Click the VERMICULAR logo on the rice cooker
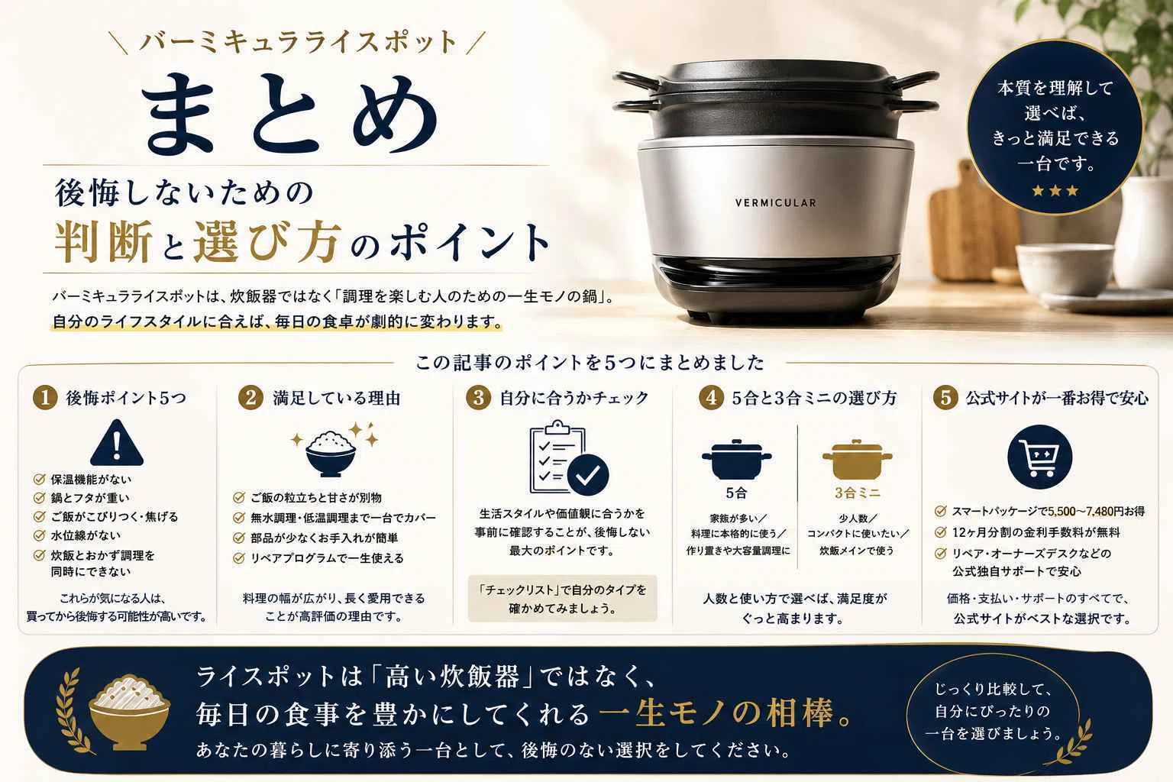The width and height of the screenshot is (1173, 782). [x=776, y=202]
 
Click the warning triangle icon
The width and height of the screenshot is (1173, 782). [x=116, y=443]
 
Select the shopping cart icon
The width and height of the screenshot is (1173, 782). [x=1039, y=457]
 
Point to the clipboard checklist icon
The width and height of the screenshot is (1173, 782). [x=569, y=457]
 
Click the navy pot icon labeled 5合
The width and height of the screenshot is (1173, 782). [x=736, y=460]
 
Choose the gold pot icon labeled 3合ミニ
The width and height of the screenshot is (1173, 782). [x=858, y=460]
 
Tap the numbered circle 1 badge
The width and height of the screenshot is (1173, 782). [x=45, y=398]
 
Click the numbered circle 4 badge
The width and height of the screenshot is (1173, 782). [x=711, y=398]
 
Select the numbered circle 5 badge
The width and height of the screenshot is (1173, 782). [x=945, y=398]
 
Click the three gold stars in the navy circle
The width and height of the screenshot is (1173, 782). [x=1055, y=191]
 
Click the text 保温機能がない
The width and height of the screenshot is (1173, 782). [x=91, y=480]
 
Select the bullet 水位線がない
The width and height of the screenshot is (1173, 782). [x=86, y=535]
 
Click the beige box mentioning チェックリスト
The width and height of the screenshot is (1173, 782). [x=562, y=599]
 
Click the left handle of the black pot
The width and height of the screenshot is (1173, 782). [x=635, y=92]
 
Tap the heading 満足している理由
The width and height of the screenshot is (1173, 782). [x=337, y=398]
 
